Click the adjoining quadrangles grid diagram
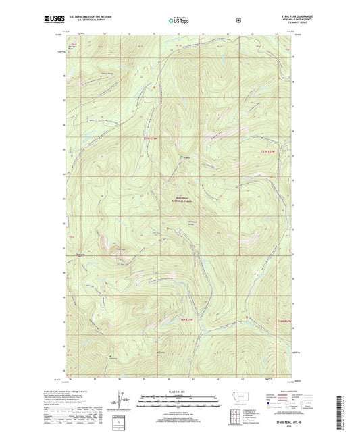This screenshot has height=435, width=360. [236, 418]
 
